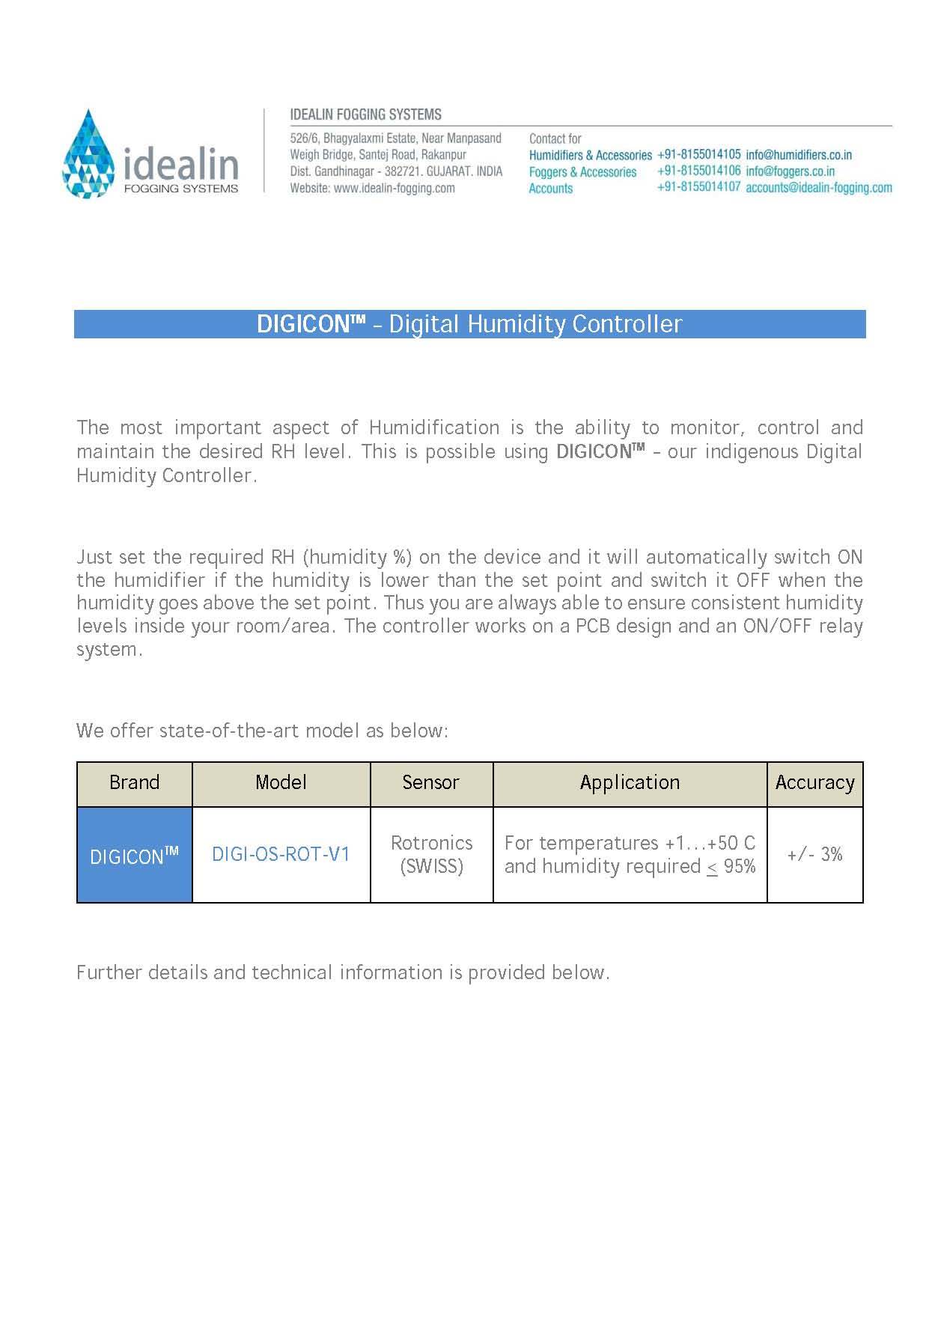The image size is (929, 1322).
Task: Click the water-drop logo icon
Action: (x=88, y=154)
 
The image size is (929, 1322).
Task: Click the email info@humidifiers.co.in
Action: (x=798, y=155)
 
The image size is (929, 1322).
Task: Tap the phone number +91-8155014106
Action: (x=698, y=171)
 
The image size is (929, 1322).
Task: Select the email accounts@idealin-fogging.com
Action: (x=818, y=188)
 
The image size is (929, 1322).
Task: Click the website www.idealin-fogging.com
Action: (x=394, y=189)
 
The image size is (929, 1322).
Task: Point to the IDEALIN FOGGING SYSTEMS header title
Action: (x=365, y=115)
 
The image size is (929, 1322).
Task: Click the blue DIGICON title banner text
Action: (x=469, y=324)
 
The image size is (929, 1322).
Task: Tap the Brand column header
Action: (x=135, y=783)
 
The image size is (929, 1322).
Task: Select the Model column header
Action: (x=281, y=783)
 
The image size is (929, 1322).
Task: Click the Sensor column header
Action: (x=430, y=783)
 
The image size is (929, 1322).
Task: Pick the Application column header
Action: (x=630, y=783)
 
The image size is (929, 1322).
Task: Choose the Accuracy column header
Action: (x=814, y=783)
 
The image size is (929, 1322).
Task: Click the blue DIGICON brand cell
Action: (x=135, y=855)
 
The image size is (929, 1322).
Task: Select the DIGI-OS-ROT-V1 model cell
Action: (x=281, y=855)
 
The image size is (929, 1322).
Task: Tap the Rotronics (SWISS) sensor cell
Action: (x=431, y=855)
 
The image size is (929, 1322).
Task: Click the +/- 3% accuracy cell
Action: (x=814, y=855)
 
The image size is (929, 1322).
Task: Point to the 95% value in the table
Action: (x=740, y=867)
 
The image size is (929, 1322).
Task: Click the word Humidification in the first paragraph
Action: (x=434, y=428)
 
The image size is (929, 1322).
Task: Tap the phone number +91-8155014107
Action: (x=698, y=187)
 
